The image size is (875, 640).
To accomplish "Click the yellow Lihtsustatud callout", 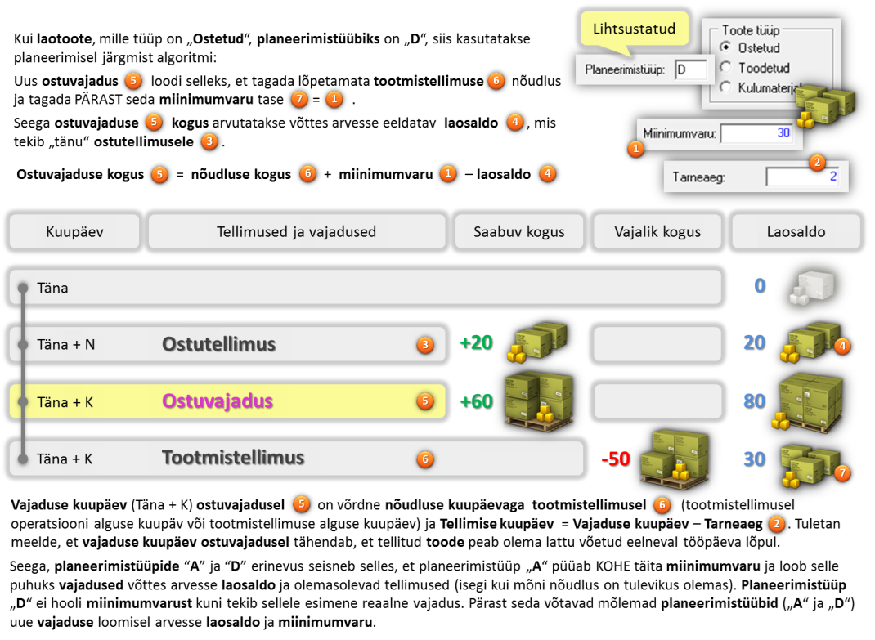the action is [x=634, y=29].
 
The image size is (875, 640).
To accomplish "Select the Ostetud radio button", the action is [x=725, y=47].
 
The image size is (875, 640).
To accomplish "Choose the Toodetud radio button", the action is [x=725, y=68].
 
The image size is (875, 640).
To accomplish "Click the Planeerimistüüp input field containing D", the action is [x=690, y=69].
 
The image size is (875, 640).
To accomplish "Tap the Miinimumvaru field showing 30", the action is [x=756, y=132].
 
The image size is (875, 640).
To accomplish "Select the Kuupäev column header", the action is [x=74, y=231].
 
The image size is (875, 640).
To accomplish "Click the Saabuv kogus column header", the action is [x=519, y=231].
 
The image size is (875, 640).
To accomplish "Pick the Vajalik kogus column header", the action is [x=657, y=231].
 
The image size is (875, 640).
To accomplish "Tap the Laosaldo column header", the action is [x=796, y=231].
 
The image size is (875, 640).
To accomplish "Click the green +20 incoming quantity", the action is [x=476, y=342].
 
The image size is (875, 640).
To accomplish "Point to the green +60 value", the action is [x=476, y=401].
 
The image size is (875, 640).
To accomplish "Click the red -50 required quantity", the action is [x=616, y=459].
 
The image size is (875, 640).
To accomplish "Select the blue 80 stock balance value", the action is [x=755, y=401].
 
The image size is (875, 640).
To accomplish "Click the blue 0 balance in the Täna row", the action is [x=760, y=286].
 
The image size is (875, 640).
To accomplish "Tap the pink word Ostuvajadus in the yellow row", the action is [x=218, y=401].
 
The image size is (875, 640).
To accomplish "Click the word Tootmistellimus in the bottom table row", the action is [x=233, y=458].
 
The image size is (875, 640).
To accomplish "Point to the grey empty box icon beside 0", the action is [x=812, y=288].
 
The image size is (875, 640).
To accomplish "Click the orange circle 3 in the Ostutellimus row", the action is [x=425, y=345].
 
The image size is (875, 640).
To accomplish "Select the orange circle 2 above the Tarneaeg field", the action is [x=817, y=163].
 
